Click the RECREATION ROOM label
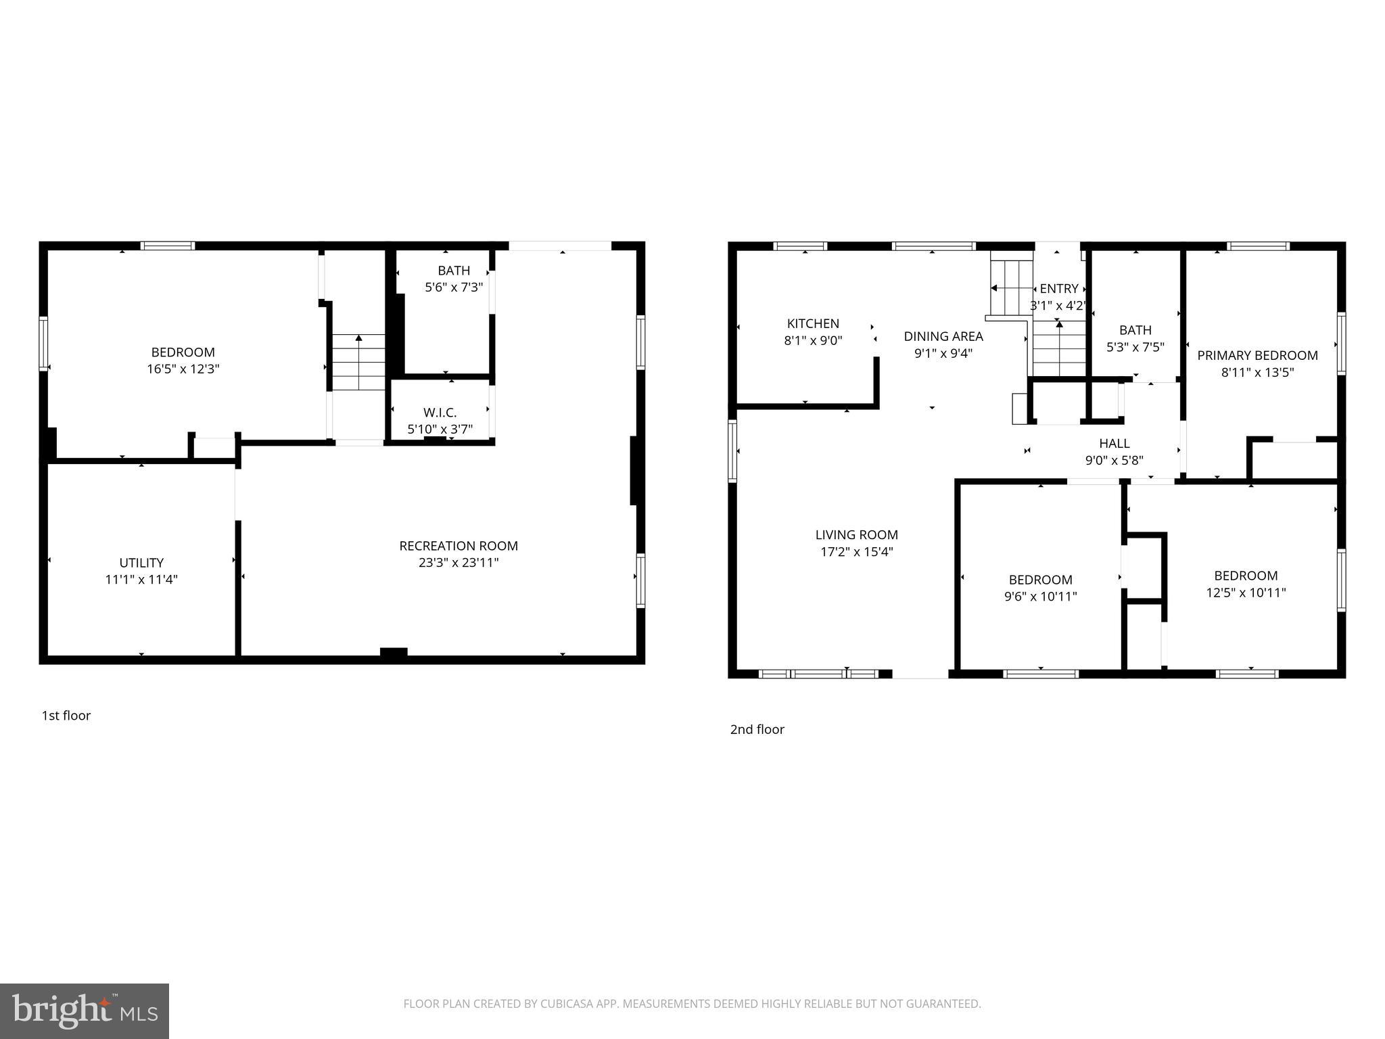point(459,546)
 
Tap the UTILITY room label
point(141,563)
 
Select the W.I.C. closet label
point(440,413)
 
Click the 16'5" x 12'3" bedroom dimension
point(183,369)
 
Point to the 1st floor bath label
point(454,271)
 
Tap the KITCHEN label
point(813,324)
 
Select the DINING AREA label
point(943,336)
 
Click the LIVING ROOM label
point(857,535)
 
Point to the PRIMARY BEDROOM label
point(1257,356)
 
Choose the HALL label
point(1114,444)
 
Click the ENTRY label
point(1059,289)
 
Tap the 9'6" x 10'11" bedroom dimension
point(1041,597)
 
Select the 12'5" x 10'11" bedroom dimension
point(1246,593)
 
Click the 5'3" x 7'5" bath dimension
point(1135,347)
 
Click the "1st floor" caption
point(66,716)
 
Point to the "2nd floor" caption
point(757,729)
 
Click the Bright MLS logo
point(85,1011)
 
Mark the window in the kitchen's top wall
point(800,246)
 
